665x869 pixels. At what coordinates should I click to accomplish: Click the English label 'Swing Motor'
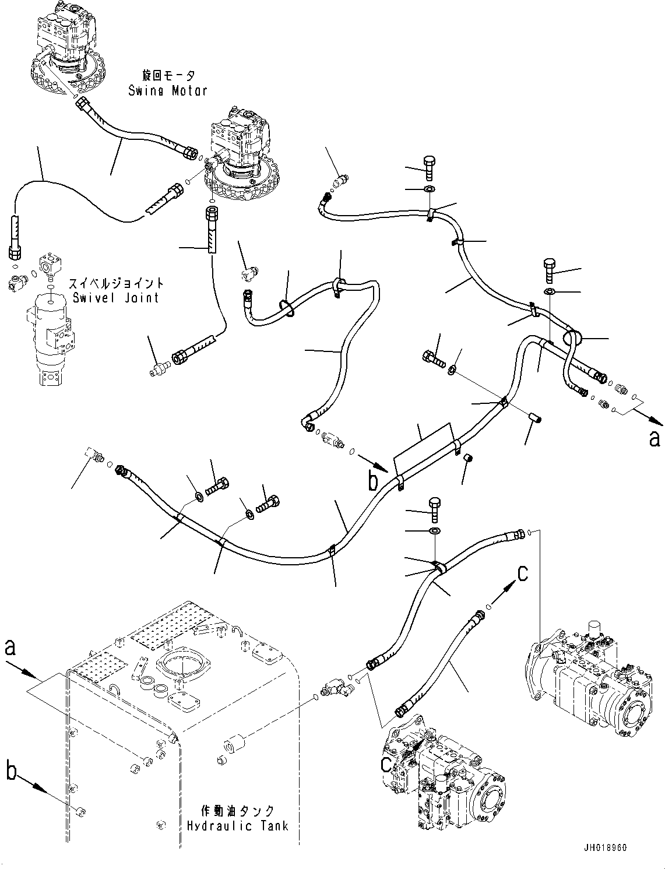[168, 90]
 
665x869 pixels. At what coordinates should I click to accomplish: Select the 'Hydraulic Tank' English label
[237, 826]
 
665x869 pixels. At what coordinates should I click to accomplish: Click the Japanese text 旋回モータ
[168, 76]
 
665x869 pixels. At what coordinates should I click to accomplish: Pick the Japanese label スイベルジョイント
[116, 284]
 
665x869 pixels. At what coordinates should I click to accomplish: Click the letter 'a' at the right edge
[655, 438]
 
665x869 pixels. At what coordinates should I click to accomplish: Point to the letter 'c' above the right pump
[523, 574]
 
